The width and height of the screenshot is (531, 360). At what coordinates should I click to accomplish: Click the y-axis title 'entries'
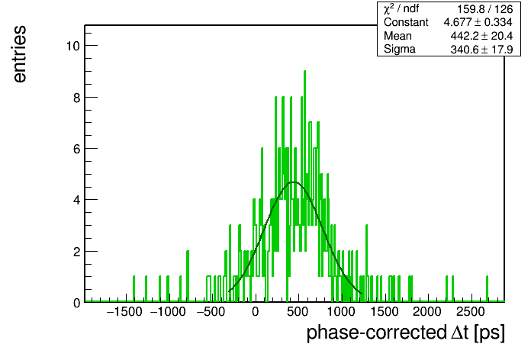tap(20, 54)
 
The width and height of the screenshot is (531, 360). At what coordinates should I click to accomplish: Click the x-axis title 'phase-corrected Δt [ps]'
tap(406, 333)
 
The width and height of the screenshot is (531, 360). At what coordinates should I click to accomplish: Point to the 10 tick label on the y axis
tap(73, 46)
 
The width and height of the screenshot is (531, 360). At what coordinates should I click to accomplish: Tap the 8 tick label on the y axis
tap(77, 98)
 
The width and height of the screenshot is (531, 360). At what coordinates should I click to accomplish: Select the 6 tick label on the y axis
tap(77, 149)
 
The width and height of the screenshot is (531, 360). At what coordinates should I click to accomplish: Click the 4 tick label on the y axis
tap(77, 200)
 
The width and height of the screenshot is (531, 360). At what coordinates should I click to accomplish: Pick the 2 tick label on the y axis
tap(77, 252)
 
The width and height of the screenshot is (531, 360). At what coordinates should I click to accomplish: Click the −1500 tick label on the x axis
tap(124, 312)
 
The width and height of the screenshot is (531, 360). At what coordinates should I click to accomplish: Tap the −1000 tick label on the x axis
tap(168, 312)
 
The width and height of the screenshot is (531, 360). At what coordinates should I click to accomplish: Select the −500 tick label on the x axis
tap(211, 312)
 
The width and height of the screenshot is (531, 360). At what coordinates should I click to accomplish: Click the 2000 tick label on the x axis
tap(427, 312)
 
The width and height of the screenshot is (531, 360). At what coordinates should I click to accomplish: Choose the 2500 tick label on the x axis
tap(471, 312)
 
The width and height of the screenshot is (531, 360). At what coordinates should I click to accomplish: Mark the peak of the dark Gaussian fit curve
tap(293, 182)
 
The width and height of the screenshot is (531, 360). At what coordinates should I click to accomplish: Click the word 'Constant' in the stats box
tap(406, 22)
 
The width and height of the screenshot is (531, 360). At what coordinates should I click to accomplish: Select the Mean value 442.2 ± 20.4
tap(481, 36)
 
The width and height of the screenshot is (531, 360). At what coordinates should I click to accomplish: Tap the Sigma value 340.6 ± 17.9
tap(481, 50)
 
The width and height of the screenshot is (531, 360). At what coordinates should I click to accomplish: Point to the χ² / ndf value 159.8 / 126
tap(485, 9)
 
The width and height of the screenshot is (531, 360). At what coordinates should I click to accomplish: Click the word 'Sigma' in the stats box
tap(400, 50)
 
